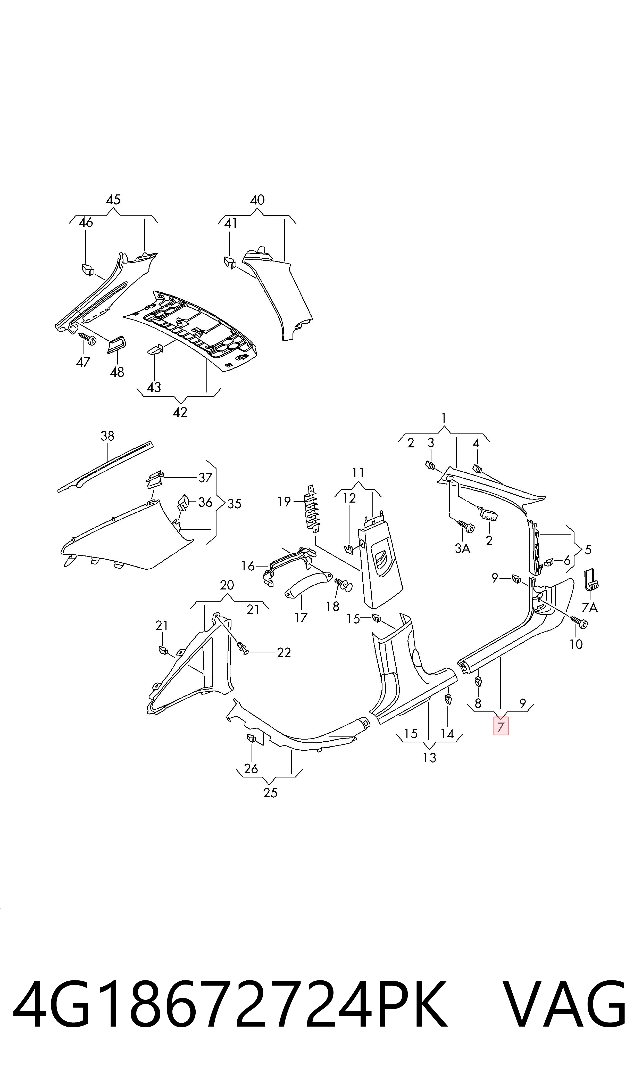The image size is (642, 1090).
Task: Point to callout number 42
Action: coord(180,412)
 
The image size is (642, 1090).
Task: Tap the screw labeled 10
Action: coord(578,622)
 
